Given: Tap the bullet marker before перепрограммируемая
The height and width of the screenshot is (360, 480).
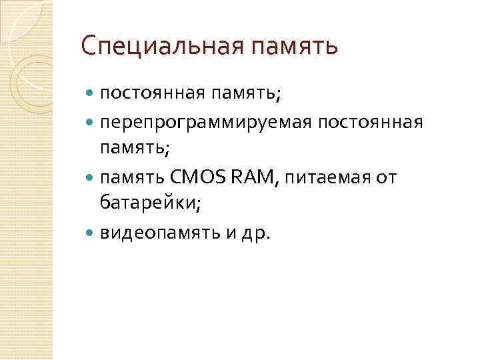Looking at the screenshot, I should click(91, 123).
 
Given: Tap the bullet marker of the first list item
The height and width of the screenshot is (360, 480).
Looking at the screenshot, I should click(91, 95).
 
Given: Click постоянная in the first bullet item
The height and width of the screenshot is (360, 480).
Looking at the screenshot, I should click(151, 95).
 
